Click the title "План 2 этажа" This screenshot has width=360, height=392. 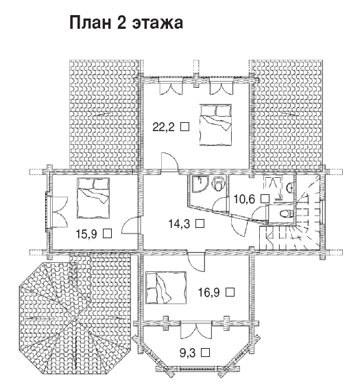click(126, 23)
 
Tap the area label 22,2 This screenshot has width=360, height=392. click(163, 127)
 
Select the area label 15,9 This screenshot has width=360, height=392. click(86, 234)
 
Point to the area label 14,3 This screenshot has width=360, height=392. click(179, 224)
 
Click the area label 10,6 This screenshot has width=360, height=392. click(244, 199)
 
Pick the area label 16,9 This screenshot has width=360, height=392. click(209, 292)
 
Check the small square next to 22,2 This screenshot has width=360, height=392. click(185, 127)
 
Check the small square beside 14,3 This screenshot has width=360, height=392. click(200, 223)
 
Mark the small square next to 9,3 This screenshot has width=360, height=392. click(206, 352)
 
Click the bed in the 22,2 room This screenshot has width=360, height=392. click(215, 125)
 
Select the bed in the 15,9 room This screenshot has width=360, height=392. click(93, 198)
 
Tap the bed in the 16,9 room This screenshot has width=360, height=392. click(166, 288)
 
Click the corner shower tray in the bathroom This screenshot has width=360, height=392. click(200, 184)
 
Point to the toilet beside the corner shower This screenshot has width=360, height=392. click(218, 184)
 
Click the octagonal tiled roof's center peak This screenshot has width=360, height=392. click(75, 319)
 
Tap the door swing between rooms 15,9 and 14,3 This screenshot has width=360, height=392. click(130, 225)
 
